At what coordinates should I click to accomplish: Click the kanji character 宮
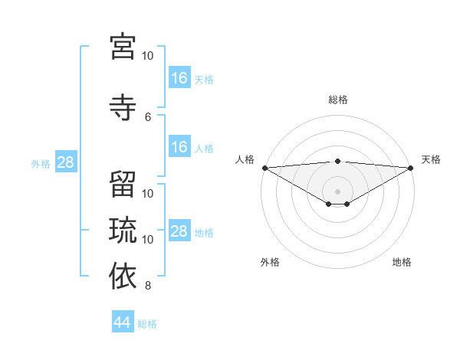click(x=123, y=47)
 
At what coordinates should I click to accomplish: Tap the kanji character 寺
click(x=123, y=107)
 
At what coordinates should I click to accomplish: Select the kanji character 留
click(x=123, y=184)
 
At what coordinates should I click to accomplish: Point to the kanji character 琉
click(x=123, y=230)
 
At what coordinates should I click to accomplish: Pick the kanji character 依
click(x=123, y=277)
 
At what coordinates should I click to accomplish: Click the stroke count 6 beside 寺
click(x=148, y=116)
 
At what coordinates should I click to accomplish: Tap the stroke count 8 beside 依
click(x=148, y=286)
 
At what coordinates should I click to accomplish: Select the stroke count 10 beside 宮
click(x=148, y=56)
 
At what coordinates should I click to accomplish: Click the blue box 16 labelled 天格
click(x=179, y=78)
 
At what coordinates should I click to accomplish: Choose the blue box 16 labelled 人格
click(x=179, y=147)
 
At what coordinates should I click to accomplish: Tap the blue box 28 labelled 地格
click(x=179, y=231)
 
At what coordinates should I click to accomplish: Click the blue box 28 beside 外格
click(x=64, y=162)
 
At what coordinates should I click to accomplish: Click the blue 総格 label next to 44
click(x=147, y=324)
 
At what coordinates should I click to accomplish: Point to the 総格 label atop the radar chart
click(x=337, y=100)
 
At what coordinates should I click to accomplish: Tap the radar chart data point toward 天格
click(x=410, y=168)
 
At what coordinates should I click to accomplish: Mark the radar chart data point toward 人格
click(x=264, y=168)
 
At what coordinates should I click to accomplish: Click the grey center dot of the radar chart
click(x=337, y=191)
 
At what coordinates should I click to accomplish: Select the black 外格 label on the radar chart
click(x=270, y=262)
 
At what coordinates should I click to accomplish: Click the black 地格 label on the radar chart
click(x=402, y=262)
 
